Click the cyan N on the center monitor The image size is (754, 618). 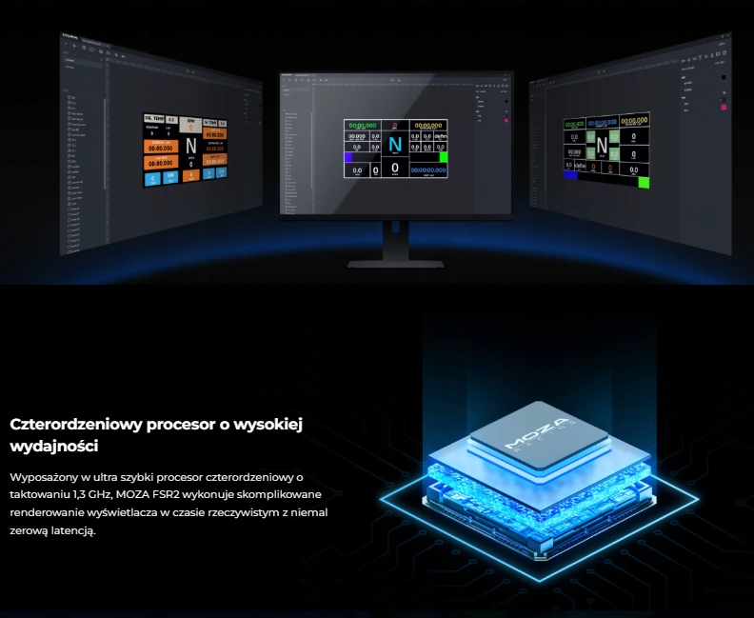click(x=395, y=152)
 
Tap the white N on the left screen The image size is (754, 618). click(x=190, y=146)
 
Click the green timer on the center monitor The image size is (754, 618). click(x=363, y=125)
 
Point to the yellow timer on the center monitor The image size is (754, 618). click(x=427, y=125)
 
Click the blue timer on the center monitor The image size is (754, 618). click(x=427, y=169)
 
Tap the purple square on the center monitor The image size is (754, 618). click(x=348, y=156)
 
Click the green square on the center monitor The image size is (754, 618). click(x=443, y=156)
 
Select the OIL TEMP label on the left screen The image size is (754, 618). click(x=154, y=119)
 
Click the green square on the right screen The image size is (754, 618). click(x=644, y=182)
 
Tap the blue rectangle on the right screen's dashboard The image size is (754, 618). click(x=570, y=175)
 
